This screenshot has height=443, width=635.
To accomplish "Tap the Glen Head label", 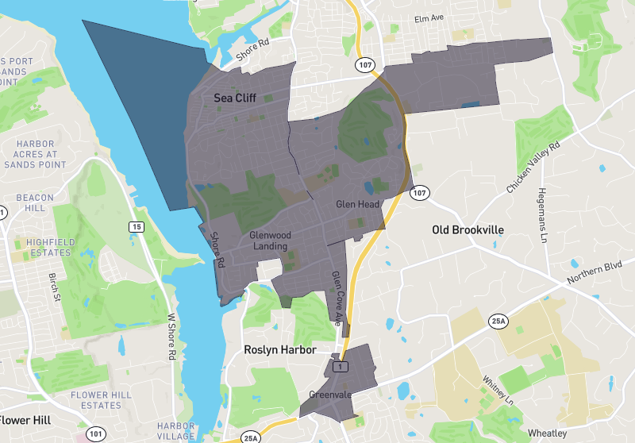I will [356, 204].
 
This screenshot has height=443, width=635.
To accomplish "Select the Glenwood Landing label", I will [271, 241].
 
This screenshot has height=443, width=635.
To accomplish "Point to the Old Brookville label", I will [468, 229].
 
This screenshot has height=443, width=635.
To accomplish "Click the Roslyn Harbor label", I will [280, 349].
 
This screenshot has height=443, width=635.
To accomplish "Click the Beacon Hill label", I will [35, 202].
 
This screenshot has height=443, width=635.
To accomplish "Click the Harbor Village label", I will [176, 430].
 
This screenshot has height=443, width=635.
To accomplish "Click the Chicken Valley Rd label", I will [533, 168].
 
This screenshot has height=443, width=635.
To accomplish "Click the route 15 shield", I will [137, 227].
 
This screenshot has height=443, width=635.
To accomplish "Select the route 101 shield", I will [95, 433].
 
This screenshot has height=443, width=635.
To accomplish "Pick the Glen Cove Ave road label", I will [337, 298].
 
